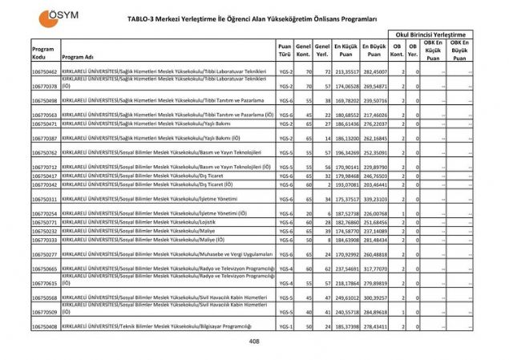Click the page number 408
click(x=254, y=342)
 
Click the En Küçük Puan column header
click(x=345, y=53)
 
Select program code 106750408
click(x=44, y=327)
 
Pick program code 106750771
click(x=44, y=222)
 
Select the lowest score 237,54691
click(x=345, y=269)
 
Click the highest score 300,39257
click(x=374, y=297)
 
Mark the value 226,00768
click(x=374, y=214)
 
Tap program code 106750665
click(x=44, y=269)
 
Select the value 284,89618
click(x=374, y=312)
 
